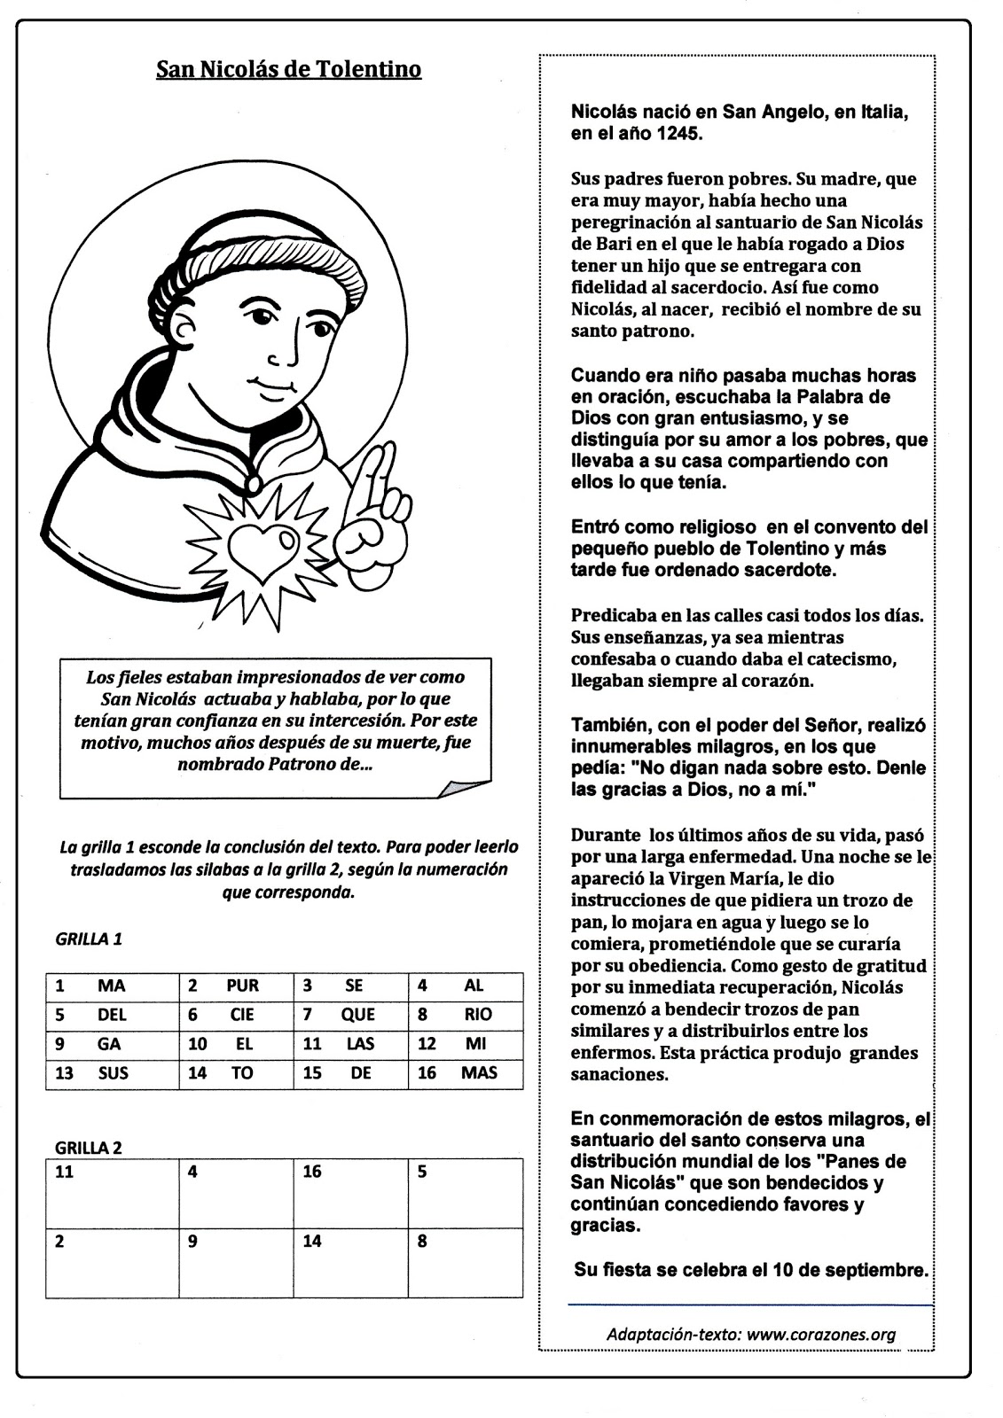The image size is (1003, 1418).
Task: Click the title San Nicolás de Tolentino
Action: point(288,69)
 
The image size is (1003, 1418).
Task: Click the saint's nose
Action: point(286,354)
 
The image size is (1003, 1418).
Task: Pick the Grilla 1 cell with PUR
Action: point(236,986)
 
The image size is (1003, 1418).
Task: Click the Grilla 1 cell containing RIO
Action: point(466,1015)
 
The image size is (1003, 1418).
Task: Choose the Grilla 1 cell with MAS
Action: point(466,1073)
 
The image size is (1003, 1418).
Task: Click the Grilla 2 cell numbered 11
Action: point(112,1193)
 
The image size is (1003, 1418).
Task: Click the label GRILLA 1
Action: point(89,939)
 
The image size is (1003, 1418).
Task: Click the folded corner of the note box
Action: point(465,789)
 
